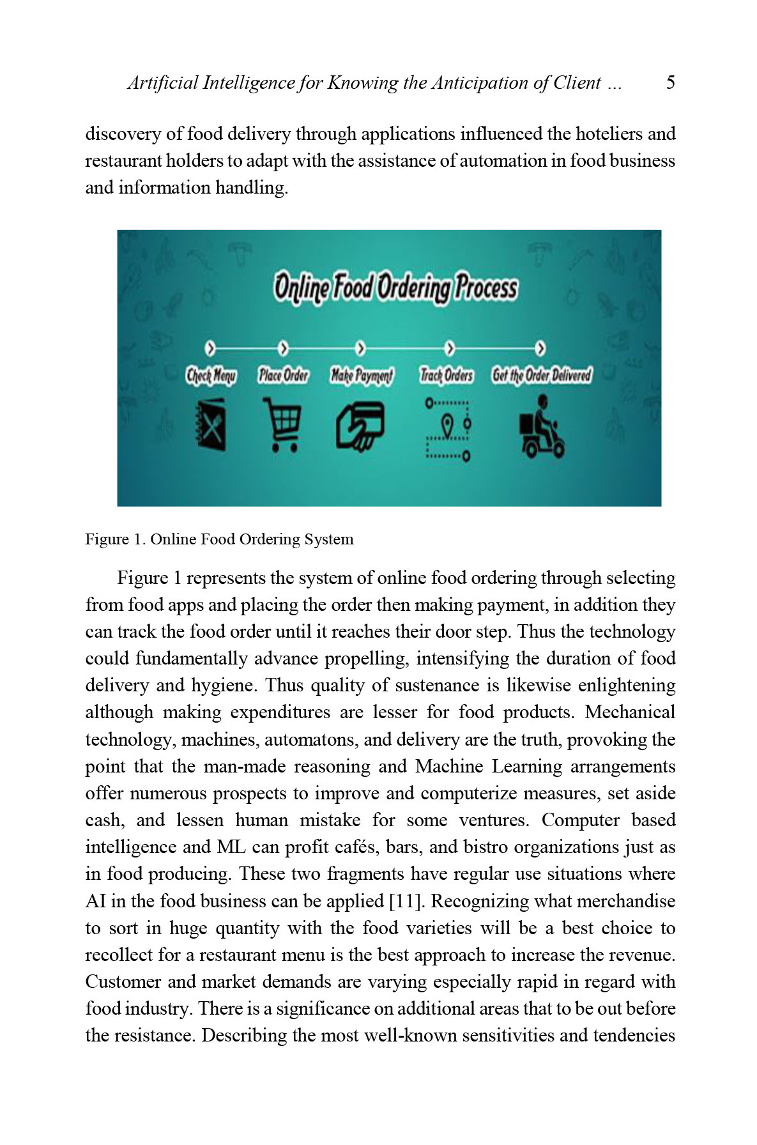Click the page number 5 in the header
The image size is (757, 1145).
point(670,82)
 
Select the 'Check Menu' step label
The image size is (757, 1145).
point(211,375)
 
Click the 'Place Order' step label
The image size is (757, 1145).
point(283,375)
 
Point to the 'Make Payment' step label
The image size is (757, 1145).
point(362,375)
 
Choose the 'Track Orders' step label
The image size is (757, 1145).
point(447,375)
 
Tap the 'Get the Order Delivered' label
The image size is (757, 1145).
point(542,375)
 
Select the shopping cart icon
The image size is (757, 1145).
point(282,424)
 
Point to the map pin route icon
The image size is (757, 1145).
point(448,429)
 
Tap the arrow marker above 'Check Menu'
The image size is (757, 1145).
point(210,349)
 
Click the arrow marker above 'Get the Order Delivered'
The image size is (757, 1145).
point(541,349)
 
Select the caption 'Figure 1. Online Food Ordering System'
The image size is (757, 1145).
point(219,539)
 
